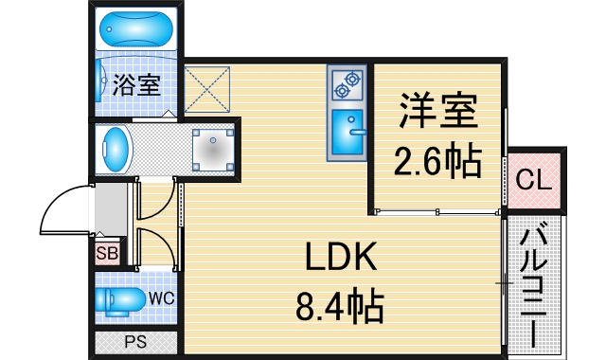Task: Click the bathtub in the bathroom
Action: tap(135, 29)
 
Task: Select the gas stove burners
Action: tap(347, 84)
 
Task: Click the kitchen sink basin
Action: tap(348, 132)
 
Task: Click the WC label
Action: tap(162, 298)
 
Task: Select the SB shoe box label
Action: tap(107, 253)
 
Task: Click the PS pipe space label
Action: tap(135, 342)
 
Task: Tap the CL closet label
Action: tap(534, 179)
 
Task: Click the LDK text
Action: tap(341, 256)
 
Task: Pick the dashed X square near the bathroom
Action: tap(207, 90)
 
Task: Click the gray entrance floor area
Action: tap(111, 209)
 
